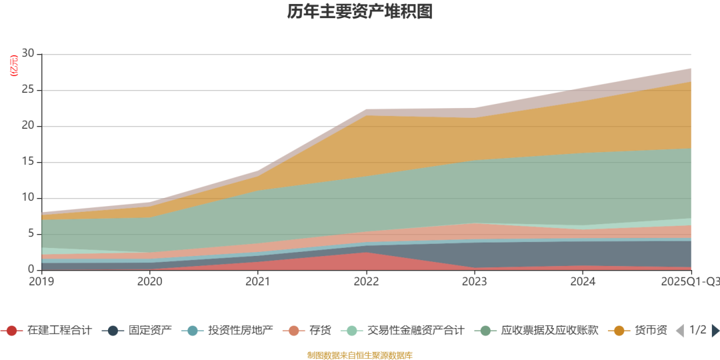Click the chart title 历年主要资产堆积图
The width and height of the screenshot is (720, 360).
click(x=359, y=12)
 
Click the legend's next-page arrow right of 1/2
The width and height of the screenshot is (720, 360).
click(x=715, y=331)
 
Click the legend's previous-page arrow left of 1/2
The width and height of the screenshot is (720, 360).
click(x=680, y=331)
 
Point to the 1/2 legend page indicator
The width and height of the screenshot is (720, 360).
click(x=697, y=330)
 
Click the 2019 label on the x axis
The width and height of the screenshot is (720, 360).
click(x=42, y=282)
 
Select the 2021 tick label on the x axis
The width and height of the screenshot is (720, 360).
click(x=258, y=282)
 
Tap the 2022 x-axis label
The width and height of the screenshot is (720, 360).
click(x=366, y=282)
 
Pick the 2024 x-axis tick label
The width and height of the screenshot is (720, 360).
click(x=583, y=282)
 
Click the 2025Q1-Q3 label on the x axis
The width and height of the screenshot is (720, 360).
click(x=690, y=282)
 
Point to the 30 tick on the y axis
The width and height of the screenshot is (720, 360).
click(x=28, y=54)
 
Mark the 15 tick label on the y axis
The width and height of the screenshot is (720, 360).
click(x=28, y=162)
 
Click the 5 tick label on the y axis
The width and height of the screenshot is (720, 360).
click(x=31, y=234)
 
